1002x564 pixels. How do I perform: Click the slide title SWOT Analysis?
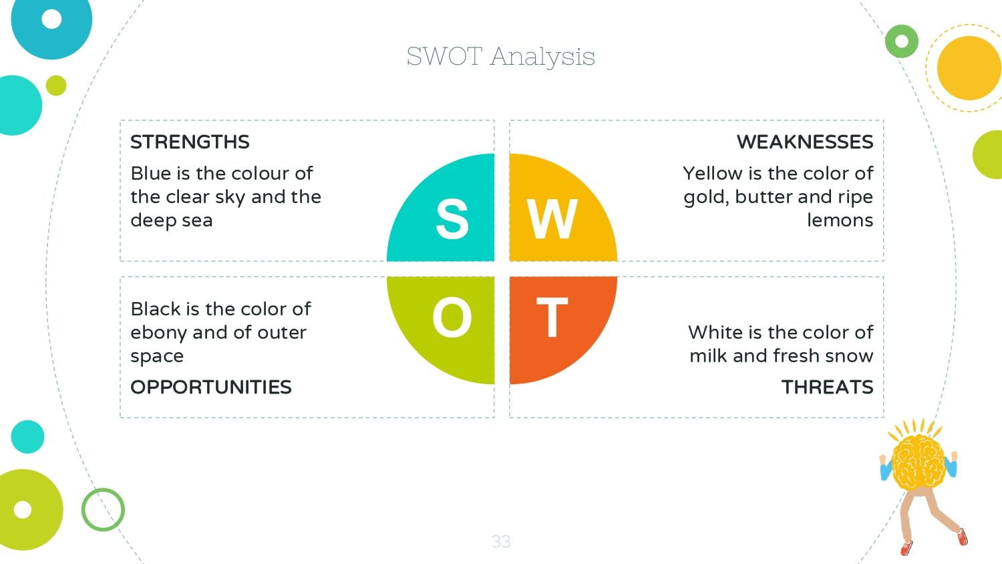click(500, 57)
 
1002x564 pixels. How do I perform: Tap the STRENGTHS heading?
click(190, 142)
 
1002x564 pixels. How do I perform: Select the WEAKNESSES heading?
click(805, 142)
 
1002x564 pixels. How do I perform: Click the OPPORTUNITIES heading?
click(210, 387)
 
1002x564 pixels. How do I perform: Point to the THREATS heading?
click(827, 387)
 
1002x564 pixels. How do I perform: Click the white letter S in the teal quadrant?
click(452, 219)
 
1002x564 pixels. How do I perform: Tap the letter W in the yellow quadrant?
click(552, 219)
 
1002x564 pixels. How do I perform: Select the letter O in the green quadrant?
click(452, 317)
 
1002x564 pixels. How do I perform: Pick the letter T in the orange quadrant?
click(552, 317)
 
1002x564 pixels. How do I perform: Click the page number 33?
click(500, 542)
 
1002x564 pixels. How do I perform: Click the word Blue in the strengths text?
click(151, 174)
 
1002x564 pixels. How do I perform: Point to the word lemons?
click(840, 221)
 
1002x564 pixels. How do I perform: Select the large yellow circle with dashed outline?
click(969, 68)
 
